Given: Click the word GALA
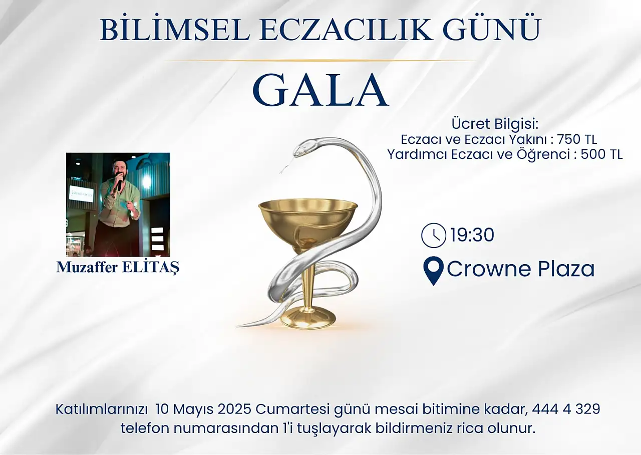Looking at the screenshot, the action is click(320, 90).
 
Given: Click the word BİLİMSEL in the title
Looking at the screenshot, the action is click(175, 30).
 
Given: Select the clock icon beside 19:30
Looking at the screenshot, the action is click(434, 236).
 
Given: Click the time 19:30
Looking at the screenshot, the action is click(472, 236).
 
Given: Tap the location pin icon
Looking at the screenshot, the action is click(434, 271).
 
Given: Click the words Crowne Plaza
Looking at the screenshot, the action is click(520, 269).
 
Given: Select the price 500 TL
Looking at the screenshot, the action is click(601, 155).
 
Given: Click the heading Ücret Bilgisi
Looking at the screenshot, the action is click(495, 124).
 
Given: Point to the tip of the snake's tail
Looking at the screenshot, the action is click(237, 326).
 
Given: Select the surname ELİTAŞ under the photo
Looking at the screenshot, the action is click(151, 268).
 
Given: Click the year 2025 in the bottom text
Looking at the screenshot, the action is click(235, 409).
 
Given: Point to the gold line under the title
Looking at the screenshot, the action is click(320, 61).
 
